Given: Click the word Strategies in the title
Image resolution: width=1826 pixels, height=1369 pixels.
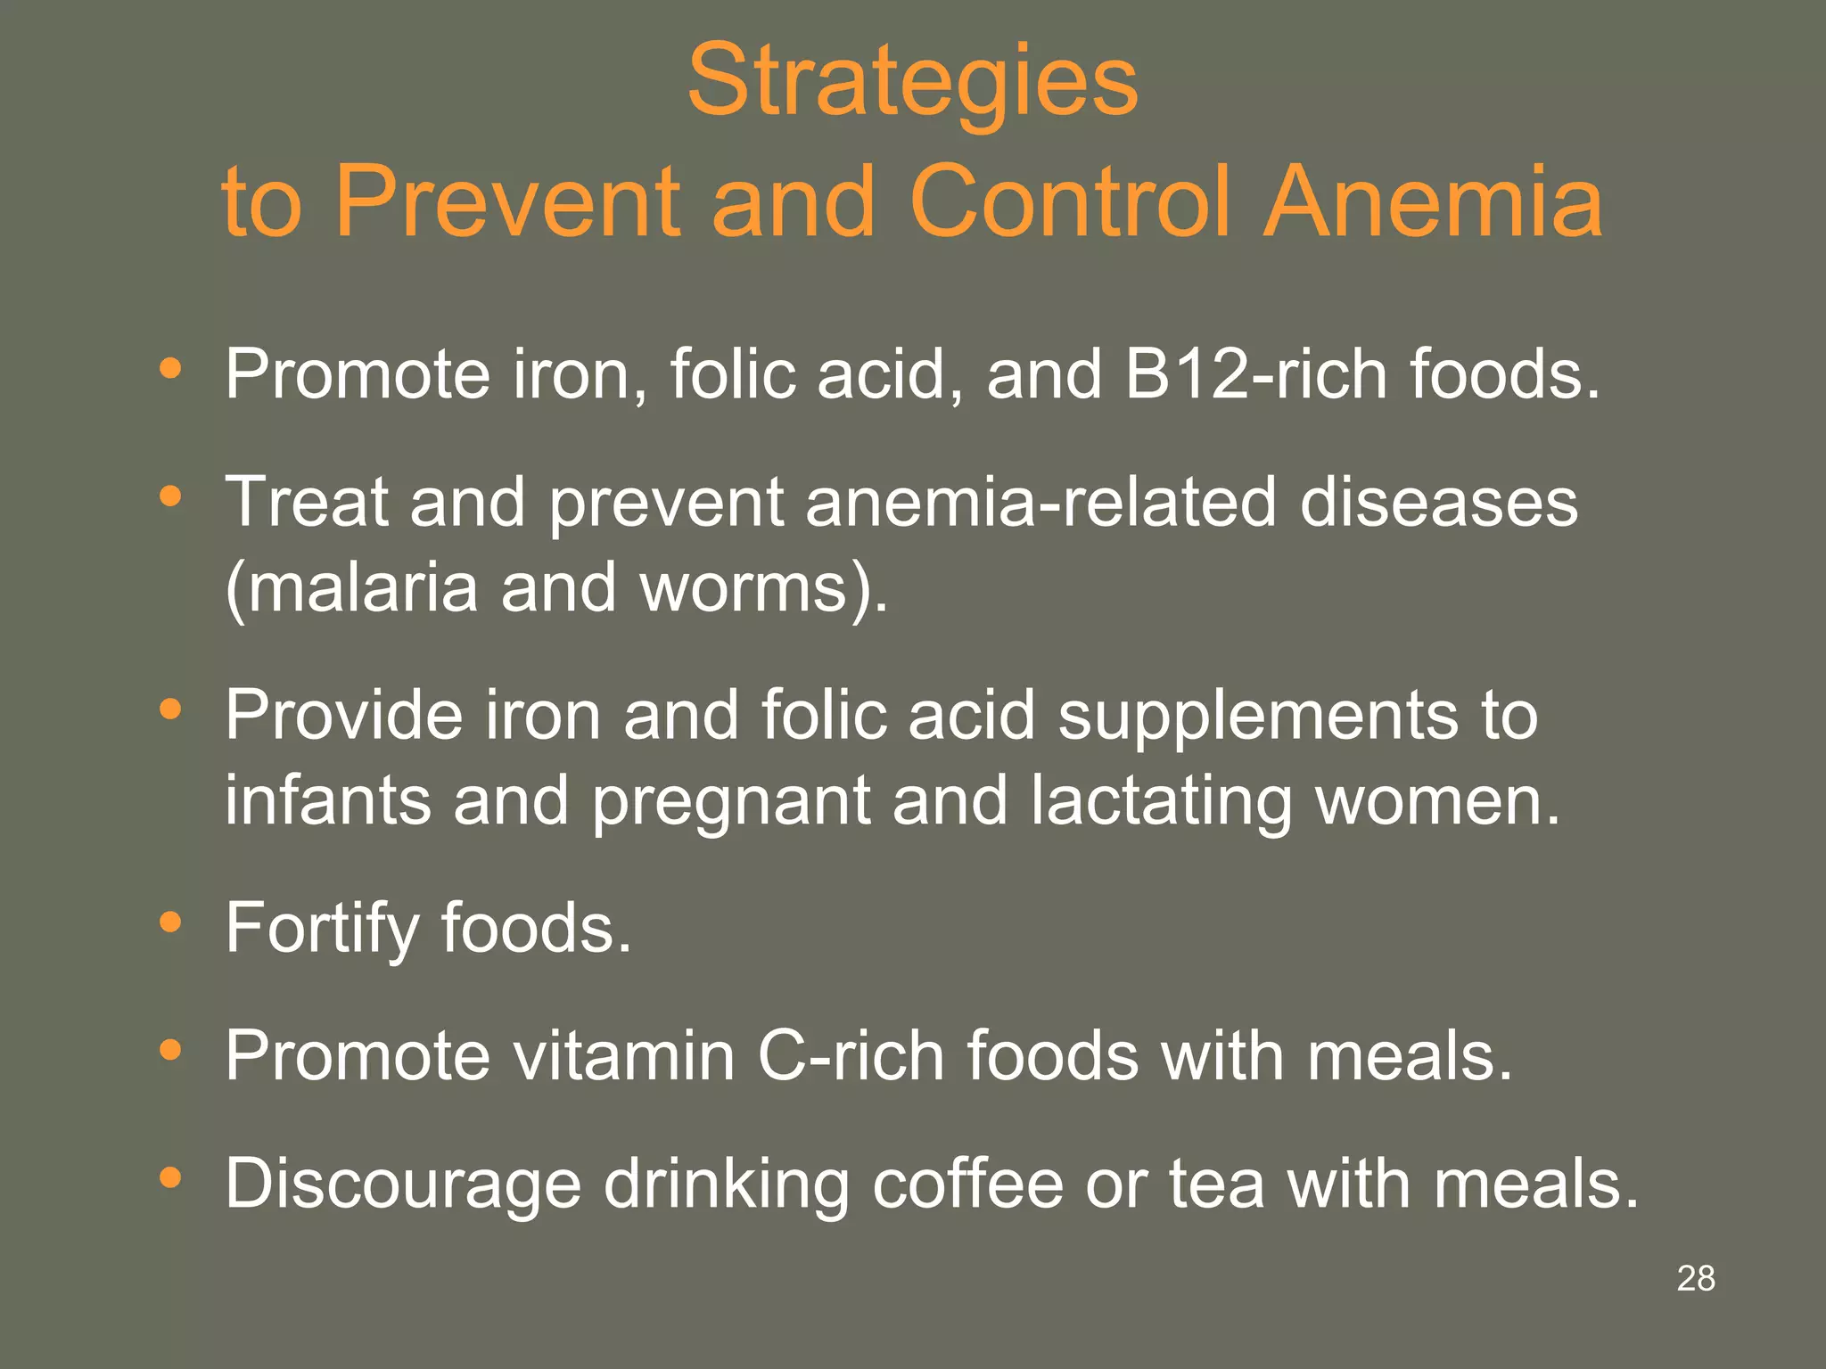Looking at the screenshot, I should [x=912, y=82].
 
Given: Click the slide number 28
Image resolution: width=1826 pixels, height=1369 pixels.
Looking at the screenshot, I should [x=1696, y=1278].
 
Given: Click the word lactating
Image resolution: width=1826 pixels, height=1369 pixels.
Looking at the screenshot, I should [x=1161, y=799].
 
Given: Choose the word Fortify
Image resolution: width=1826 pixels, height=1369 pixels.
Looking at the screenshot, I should [x=322, y=929].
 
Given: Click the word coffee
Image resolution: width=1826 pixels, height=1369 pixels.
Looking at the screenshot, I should [x=967, y=1184].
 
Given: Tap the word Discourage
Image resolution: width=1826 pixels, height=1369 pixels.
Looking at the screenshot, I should [x=403, y=1184].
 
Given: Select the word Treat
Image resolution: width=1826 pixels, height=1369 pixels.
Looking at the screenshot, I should [x=306, y=502].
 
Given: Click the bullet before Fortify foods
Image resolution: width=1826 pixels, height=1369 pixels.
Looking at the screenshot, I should [x=170, y=922].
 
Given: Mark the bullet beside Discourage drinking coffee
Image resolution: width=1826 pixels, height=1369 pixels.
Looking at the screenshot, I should [x=170, y=1178].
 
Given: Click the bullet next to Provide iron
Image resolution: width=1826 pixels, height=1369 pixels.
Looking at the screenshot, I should [x=170, y=710].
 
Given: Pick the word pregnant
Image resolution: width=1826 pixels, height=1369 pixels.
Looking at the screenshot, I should [x=731, y=799].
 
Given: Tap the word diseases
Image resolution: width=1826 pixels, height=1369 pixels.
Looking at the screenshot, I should [x=1438, y=502].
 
